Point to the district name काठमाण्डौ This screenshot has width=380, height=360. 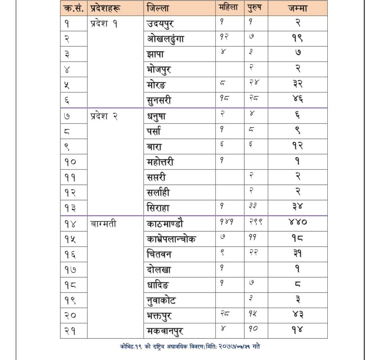[x=165, y=224]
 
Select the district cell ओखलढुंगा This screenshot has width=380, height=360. [x=165, y=39]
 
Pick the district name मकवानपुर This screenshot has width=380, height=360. [x=165, y=331]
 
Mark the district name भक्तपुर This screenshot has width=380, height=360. [x=159, y=316]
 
